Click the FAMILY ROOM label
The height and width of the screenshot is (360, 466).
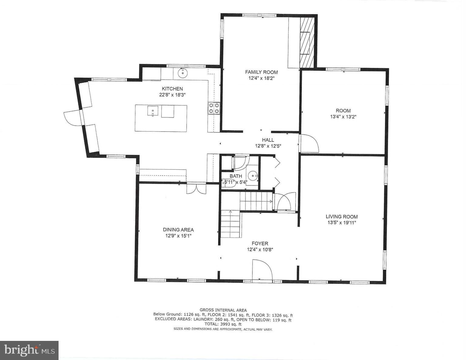pyautogui.click(x=261, y=72)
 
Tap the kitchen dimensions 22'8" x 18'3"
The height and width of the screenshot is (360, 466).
pyautogui.click(x=172, y=95)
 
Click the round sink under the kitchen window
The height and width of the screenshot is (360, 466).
pyautogui.click(x=183, y=73)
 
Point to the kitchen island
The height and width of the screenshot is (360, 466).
pyautogui.click(x=161, y=118)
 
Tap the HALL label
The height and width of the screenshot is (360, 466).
pyautogui.click(x=268, y=140)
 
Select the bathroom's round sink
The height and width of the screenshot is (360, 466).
pyautogui.click(x=253, y=175)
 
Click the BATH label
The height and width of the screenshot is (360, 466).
pyautogui.click(x=236, y=176)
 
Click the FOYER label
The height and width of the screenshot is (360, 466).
pyautogui.click(x=260, y=243)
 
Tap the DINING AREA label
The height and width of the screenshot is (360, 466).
pyautogui.click(x=178, y=230)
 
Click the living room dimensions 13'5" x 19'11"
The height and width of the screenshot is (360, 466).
pyautogui.click(x=341, y=222)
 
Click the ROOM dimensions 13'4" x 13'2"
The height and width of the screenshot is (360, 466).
pyautogui.click(x=343, y=117)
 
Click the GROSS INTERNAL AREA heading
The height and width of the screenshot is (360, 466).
pyautogui.click(x=223, y=310)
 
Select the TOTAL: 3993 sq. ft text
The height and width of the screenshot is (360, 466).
pyautogui.click(x=223, y=324)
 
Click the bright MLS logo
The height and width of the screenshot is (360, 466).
pyautogui.click(x=29, y=350)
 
